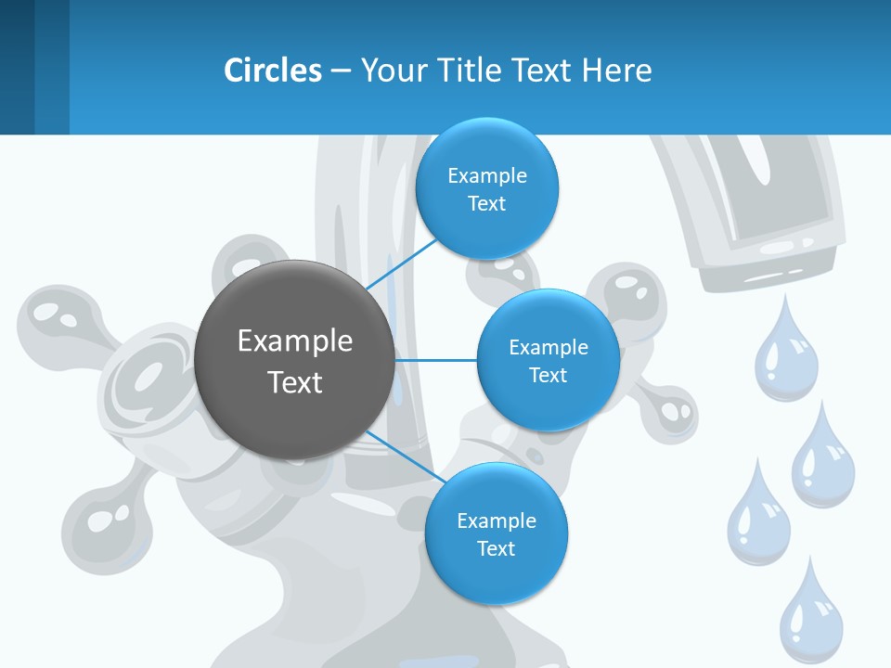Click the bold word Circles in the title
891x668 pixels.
[273, 71]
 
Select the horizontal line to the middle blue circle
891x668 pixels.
[435, 360]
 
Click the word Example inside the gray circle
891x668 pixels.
[295, 340]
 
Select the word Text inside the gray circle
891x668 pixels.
[295, 382]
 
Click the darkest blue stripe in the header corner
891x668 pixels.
[17, 67]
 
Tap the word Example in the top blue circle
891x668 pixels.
[487, 175]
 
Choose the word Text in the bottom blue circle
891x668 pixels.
[496, 548]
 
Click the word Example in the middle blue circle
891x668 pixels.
[549, 347]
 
